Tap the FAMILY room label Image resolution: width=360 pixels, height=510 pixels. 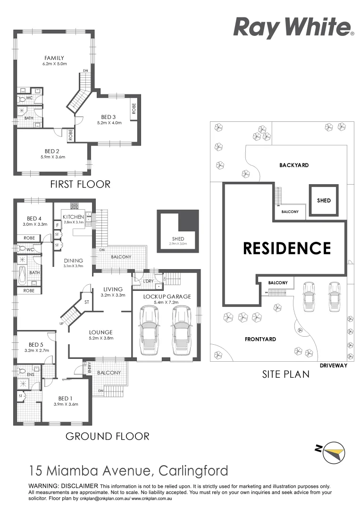point(54,58)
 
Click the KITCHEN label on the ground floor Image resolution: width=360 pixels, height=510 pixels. point(73,217)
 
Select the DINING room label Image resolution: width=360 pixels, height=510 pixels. point(73,260)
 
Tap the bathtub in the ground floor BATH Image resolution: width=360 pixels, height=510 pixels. point(23,272)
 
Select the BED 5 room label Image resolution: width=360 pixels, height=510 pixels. point(36,344)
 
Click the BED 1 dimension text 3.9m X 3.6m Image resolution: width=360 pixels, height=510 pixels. point(66,404)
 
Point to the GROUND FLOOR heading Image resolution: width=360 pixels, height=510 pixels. point(107,436)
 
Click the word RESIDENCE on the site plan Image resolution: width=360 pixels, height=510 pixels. point(287,248)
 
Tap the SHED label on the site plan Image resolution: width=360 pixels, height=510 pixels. point(324,200)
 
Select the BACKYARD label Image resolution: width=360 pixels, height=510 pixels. point(293,165)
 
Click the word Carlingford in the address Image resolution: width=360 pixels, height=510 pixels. point(193,471)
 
